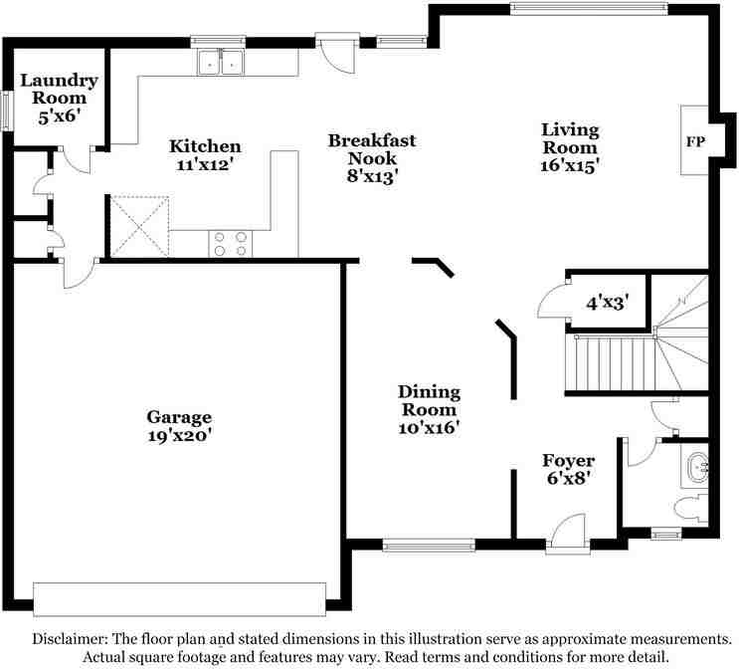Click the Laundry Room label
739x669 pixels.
coord(60,90)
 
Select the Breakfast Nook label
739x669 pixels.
coord(372,149)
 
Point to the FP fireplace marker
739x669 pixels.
coord(695,141)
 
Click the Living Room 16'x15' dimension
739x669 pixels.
coord(570,166)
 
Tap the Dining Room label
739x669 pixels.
coord(429,400)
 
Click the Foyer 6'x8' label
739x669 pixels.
coord(568,469)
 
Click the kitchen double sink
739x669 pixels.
coord(221,64)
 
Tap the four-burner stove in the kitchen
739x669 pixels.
coord(230,244)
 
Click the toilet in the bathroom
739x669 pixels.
coord(690,508)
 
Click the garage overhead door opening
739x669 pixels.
coord(179,598)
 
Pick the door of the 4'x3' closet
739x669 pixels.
coord(548,298)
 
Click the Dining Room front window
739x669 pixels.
coord(429,545)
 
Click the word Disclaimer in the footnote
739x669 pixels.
coord(71,638)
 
